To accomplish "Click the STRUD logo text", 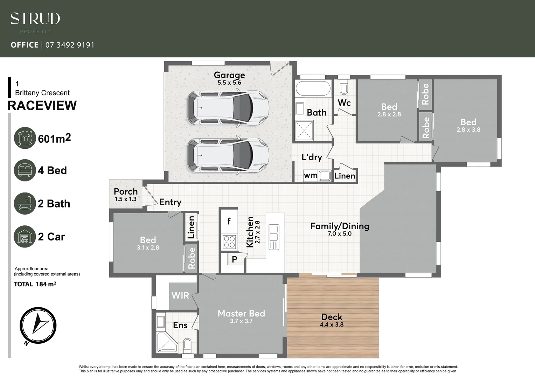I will (35, 19).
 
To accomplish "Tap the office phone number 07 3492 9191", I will (70, 45).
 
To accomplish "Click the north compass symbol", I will (38, 325).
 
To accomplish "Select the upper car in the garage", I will (228, 108).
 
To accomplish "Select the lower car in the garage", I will (228, 155).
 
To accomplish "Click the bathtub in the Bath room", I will (313, 89).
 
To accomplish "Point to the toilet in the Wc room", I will (344, 88).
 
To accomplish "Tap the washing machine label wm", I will (311, 175).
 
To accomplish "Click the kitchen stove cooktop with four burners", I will (229, 242).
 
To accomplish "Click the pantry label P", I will (234, 259).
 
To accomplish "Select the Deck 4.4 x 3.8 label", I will (332, 320).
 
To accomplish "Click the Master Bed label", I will (241, 314).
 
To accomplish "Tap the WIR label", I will (180, 296).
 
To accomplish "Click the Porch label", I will (126, 192).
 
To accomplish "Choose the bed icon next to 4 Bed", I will (25, 170).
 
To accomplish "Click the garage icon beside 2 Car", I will (25, 237).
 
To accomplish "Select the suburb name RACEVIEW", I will (42, 106).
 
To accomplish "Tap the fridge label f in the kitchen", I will (229, 221).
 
